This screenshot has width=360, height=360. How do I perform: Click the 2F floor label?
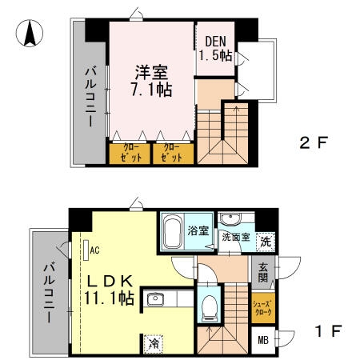click(x=314, y=144)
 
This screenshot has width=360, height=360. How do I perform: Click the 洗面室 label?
click(x=236, y=238)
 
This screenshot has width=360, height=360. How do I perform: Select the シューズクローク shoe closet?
click(x=265, y=308)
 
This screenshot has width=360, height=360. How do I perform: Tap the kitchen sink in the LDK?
click(x=154, y=300)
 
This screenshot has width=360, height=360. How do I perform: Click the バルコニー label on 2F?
click(x=90, y=97)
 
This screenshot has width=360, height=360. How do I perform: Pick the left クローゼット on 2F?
click(x=130, y=153)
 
